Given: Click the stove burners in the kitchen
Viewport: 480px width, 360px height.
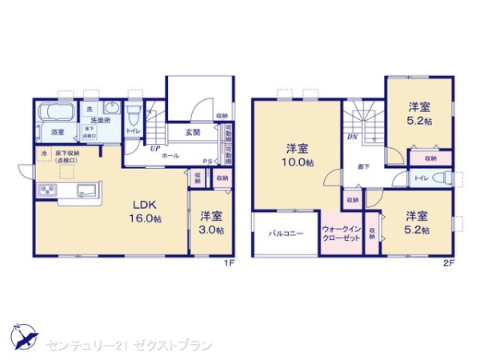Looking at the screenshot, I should (x=46, y=190).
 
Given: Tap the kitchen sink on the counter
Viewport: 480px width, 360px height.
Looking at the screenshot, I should (x=86, y=190).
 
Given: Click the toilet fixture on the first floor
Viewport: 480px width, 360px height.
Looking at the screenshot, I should (x=134, y=115).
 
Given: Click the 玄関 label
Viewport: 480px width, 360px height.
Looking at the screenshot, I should (x=194, y=133).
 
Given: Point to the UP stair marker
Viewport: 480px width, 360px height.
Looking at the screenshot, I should (x=150, y=147).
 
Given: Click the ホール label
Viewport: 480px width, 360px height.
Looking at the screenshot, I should (x=171, y=156).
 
